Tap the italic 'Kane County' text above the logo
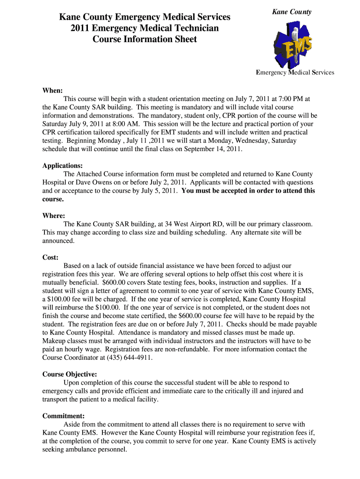pos(292,12)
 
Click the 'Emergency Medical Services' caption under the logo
pos(295,73)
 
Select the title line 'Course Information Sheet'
pos(144,39)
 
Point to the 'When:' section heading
pos(52,90)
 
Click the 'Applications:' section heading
pos(63,166)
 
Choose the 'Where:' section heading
pos(54,216)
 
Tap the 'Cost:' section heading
pos(50,257)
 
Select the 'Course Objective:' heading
pos(70,374)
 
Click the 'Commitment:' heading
pos(64,416)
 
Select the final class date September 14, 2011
pos(214,149)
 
